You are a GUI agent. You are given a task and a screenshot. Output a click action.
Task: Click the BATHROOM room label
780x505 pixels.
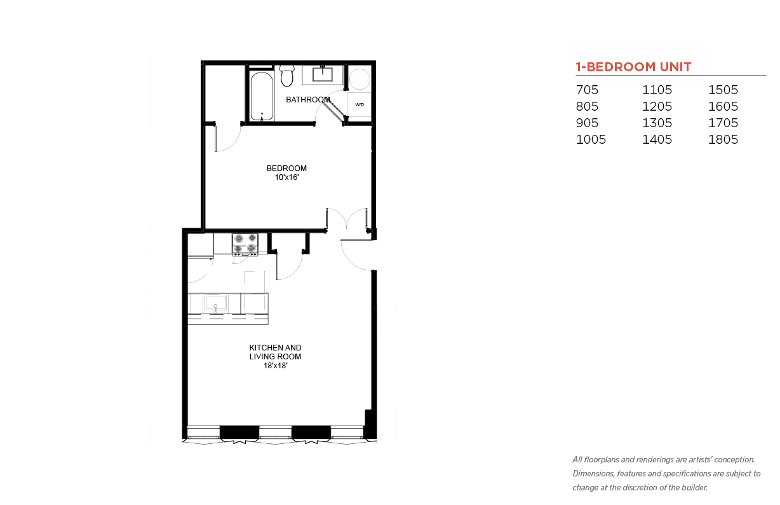coord(307,100)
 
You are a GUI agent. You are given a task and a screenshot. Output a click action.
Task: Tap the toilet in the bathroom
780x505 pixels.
coord(287,75)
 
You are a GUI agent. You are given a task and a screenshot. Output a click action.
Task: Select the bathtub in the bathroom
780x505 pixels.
coord(262,96)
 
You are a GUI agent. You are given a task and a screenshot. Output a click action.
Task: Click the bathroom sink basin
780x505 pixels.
coord(323,74)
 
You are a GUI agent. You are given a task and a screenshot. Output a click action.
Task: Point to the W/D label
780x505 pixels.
coord(360,105)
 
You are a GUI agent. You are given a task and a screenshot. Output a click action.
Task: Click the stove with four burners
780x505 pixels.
coord(245,244)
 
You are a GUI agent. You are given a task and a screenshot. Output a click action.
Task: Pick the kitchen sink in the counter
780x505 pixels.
coord(215,302)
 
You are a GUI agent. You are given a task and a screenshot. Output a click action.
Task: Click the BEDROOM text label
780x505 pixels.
coord(286,169)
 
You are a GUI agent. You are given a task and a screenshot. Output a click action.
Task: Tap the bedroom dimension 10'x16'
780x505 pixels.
coord(286,177)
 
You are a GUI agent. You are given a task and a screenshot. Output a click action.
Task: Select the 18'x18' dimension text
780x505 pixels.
coord(275,366)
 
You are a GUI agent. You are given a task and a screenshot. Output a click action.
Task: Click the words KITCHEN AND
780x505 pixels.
coord(275,348)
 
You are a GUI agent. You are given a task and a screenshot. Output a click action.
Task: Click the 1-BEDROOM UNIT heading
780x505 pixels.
coord(633,67)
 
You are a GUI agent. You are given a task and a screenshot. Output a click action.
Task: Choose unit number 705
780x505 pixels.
coord(587,90)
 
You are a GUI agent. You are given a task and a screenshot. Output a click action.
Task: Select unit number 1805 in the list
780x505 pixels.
coord(723,139)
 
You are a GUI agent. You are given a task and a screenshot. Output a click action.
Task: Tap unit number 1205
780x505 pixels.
coord(657,106)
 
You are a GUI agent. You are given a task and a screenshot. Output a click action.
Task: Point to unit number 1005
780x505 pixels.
coord(591,139)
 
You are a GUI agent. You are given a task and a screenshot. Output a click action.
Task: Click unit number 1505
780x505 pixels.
coord(723,90)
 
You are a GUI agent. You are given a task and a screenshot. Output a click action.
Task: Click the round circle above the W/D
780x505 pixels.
coord(360,79)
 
